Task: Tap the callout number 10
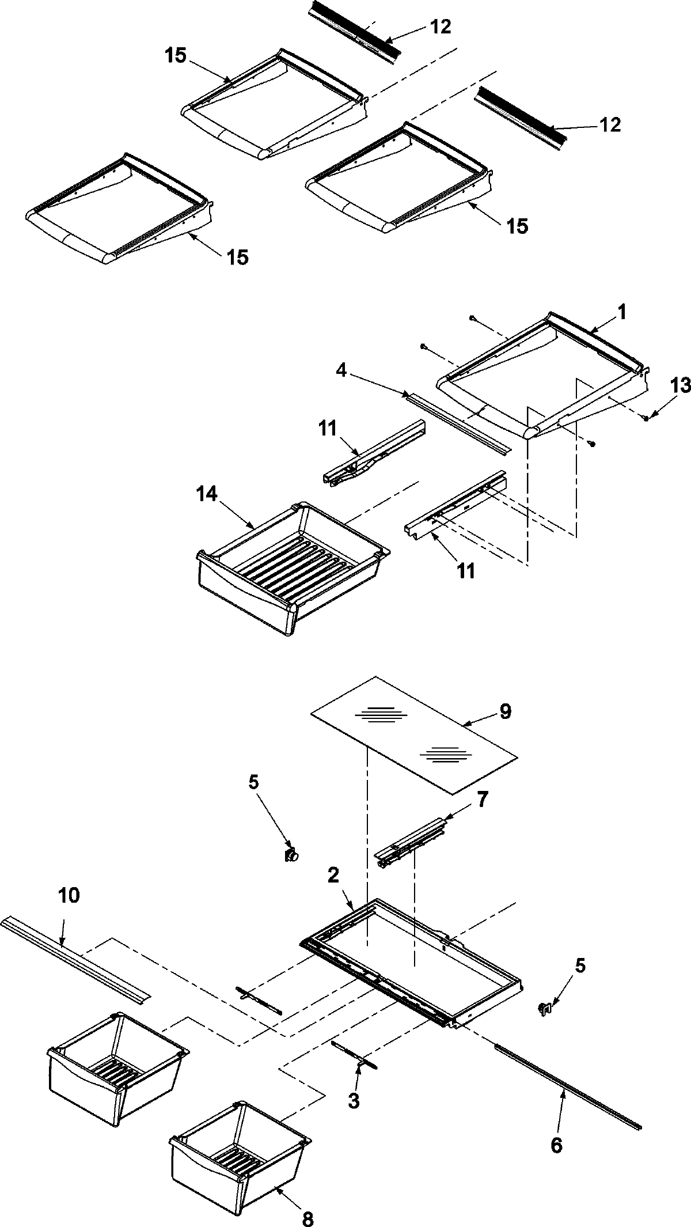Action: pyautogui.click(x=69, y=896)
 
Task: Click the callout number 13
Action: pyautogui.click(x=680, y=386)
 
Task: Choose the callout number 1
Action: pyautogui.click(x=621, y=313)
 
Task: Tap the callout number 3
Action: pyautogui.click(x=354, y=1101)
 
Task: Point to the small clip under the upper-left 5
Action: pyautogui.click(x=291, y=855)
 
